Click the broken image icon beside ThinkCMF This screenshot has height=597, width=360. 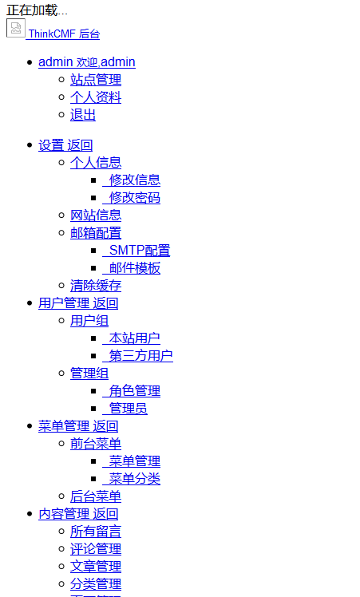point(16,28)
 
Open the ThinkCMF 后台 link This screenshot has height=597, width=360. point(63,34)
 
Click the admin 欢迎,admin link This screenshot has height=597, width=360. point(87,61)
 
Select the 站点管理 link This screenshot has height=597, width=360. point(96,80)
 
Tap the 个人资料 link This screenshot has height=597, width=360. point(96,97)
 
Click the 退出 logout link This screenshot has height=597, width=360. point(83,115)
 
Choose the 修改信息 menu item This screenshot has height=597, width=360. point(132,180)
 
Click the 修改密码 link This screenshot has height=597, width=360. point(132,197)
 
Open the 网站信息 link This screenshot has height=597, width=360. point(96,215)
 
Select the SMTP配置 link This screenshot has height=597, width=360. point(136,250)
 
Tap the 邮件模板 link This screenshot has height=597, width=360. point(132,267)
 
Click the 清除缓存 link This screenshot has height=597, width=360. point(96,285)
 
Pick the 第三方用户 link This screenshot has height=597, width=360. point(137,356)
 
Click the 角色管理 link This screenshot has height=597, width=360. point(132,390)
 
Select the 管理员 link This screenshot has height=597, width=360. point(125,408)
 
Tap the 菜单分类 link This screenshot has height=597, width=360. point(132,479)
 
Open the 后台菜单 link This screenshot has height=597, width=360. point(96,496)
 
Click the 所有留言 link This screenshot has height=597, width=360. point(96,531)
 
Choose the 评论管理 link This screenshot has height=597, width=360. point(96,548)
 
